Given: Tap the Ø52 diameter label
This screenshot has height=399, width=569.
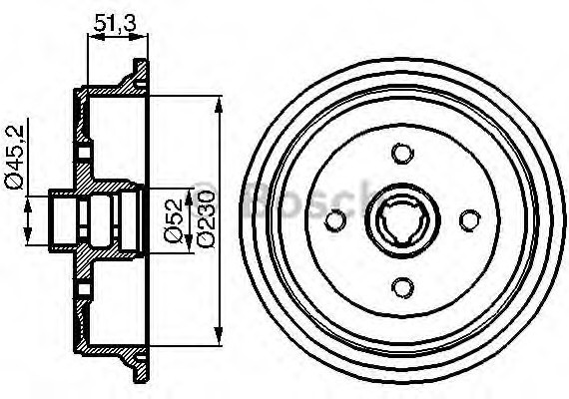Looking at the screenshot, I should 173,219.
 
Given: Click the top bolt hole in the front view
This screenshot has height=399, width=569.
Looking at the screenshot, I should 401,154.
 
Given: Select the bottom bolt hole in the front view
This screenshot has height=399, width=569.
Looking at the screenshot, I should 401,287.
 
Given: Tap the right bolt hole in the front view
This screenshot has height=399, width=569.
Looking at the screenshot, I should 468,220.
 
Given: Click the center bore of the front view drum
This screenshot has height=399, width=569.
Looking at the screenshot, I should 401,220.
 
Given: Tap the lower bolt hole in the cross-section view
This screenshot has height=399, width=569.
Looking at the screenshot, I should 84,286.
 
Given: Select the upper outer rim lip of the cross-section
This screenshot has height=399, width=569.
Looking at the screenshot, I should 134,72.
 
